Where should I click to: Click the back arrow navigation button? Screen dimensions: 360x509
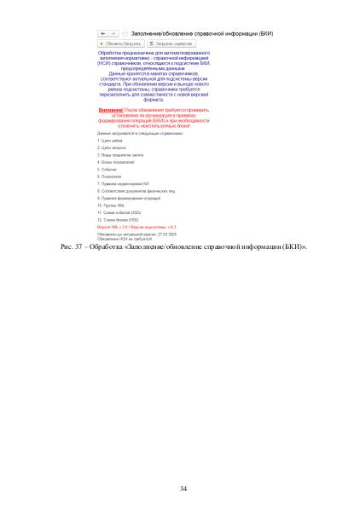(102, 32)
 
